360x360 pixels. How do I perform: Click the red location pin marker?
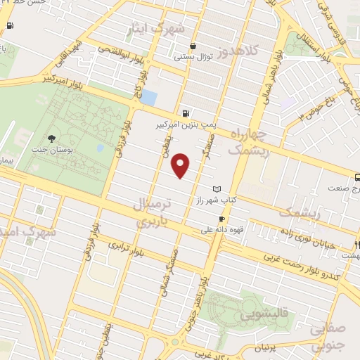(x=181, y=165)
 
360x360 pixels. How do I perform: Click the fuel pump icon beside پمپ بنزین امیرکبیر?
(x=185, y=112)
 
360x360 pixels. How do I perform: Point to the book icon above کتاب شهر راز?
(x=217, y=189)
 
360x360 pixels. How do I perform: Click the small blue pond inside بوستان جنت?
(x=100, y=148)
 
